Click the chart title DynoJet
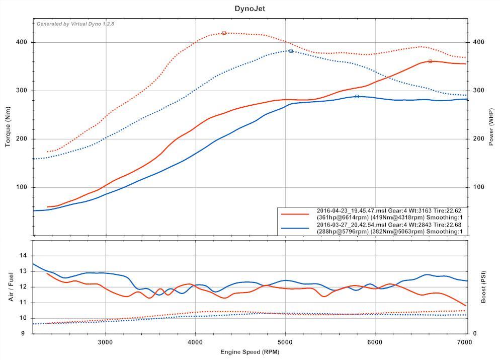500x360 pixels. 249,9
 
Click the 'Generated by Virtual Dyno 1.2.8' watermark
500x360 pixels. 75,24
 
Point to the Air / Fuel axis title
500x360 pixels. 11,287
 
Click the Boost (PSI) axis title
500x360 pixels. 483,287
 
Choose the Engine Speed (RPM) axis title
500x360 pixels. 249,351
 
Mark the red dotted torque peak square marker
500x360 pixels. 224,33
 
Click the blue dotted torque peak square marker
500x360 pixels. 291,51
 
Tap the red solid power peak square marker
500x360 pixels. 430,61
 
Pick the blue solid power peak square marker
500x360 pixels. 357,96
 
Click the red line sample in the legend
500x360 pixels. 295,214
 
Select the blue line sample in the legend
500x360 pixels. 295,228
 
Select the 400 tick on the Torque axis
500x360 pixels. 23,42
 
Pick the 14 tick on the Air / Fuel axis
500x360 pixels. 23,256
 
